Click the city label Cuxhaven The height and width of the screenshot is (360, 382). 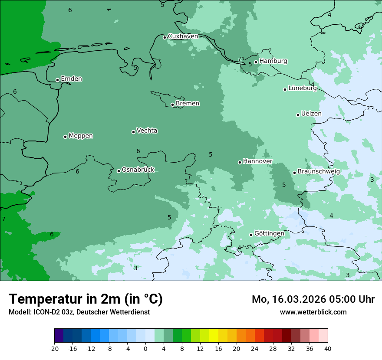183,36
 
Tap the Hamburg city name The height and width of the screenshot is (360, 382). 273,61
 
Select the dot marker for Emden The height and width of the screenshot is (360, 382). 57,80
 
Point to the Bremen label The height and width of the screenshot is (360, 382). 188,104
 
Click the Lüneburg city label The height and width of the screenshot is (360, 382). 302,88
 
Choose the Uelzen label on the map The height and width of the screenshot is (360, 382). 311,114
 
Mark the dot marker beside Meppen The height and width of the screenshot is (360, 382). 65,137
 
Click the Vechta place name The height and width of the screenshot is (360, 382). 147,131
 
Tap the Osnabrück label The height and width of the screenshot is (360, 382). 138,170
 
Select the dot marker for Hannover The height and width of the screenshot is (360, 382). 240,162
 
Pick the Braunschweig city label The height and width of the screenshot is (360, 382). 319,172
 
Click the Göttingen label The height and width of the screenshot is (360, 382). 269,234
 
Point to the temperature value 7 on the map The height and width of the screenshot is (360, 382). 3,219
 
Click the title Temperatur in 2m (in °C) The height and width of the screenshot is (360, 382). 86,299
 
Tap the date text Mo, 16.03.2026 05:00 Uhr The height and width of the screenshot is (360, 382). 313,299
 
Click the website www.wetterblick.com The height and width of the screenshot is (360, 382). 313,312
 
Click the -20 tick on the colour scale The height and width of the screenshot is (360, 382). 54,349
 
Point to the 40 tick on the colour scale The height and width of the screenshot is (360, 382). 328,349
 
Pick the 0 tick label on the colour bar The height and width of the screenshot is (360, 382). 145,349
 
